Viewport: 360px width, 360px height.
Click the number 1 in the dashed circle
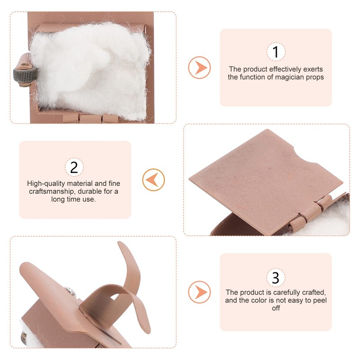(x=276, y=52)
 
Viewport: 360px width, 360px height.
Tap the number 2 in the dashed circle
(x=74, y=167)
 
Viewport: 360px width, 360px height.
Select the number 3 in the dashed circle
(x=275, y=277)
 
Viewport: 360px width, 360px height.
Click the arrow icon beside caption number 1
(x=199, y=67)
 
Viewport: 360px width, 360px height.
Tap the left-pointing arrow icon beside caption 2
(x=153, y=180)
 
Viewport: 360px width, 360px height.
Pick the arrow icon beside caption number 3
(x=199, y=292)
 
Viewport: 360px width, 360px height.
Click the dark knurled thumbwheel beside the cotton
(x=25, y=74)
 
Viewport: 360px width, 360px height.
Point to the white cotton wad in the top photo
(x=91, y=70)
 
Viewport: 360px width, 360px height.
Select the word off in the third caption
(x=276, y=308)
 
